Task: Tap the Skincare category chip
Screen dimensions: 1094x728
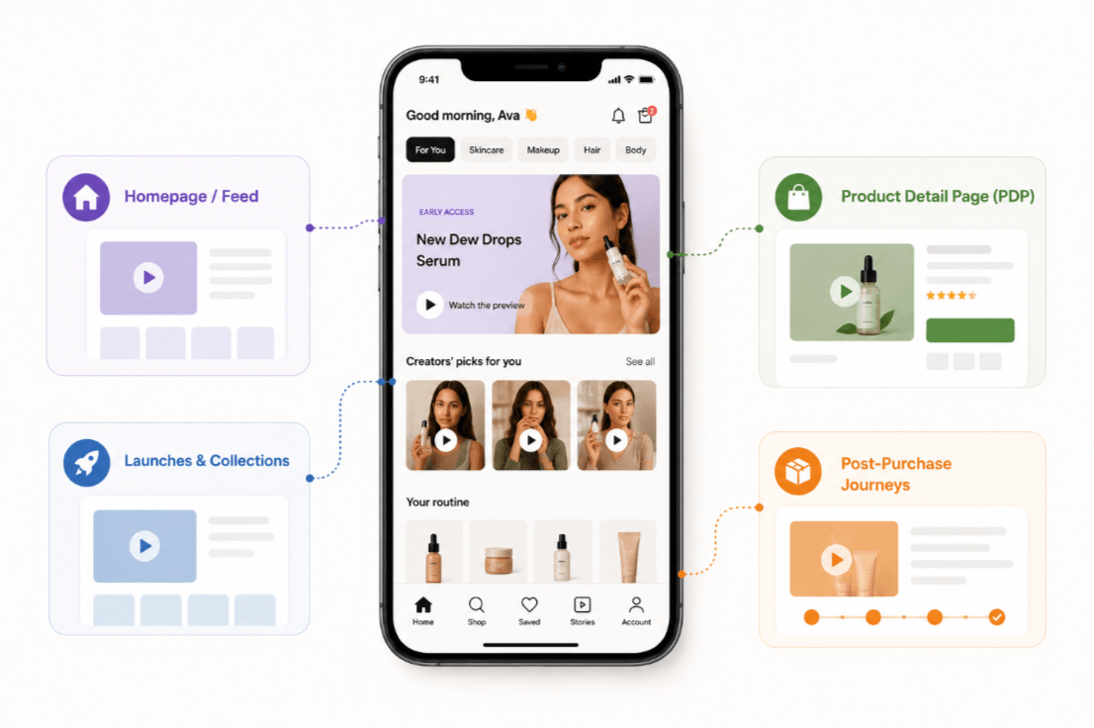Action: (x=486, y=150)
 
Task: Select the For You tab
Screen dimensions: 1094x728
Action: (x=430, y=150)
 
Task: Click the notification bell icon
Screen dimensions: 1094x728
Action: (x=618, y=116)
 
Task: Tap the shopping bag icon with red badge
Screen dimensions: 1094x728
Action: (x=646, y=115)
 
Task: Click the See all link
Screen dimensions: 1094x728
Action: (x=640, y=362)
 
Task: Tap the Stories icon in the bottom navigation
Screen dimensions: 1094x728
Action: (x=582, y=604)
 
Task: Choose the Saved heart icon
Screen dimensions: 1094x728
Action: (x=529, y=604)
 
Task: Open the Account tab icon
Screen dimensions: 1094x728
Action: (x=636, y=604)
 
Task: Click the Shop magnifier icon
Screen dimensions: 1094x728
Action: (x=477, y=604)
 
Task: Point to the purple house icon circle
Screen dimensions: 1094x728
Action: (x=86, y=198)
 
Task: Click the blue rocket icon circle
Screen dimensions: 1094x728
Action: (x=86, y=463)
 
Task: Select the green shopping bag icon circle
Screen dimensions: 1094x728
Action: (x=798, y=198)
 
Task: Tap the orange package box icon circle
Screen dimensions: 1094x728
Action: (x=798, y=471)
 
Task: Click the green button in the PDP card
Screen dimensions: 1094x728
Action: (x=969, y=330)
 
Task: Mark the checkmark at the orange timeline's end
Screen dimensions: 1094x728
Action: (x=997, y=617)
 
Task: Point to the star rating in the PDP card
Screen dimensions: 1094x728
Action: (x=951, y=295)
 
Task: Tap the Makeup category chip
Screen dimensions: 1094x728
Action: (x=543, y=150)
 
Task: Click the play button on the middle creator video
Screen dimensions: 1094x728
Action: (x=531, y=440)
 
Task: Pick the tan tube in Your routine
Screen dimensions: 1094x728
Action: (x=629, y=556)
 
